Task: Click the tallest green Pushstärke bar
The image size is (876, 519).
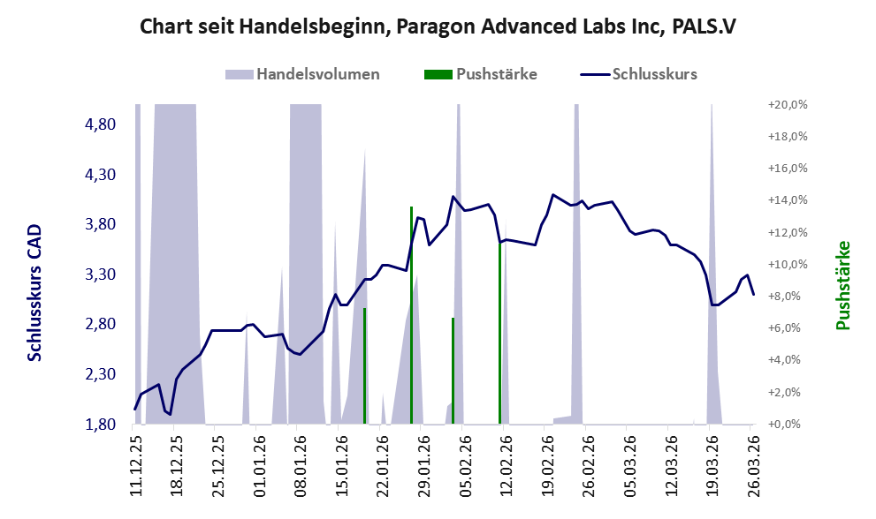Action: click(x=411, y=315)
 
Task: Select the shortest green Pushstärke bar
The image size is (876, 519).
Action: click(x=453, y=371)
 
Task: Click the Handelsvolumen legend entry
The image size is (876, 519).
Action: click(x=302, y=74)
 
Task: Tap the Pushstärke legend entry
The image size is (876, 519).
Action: click(x=481, y=74)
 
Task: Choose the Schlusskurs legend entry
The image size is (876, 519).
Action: click(x=638, y=74)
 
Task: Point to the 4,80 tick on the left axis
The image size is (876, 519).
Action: click(x=100, y=124)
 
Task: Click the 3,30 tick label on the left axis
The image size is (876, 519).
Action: click(x=100, y=275)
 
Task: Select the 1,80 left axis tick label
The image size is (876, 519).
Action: click(x=100, y=425)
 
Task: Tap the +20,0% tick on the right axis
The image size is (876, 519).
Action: click(x=788, y=105)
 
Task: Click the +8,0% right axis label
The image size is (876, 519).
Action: click(x=790, y=297)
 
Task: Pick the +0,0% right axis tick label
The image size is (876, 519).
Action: click(x=790, y=425)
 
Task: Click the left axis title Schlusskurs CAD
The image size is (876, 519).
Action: click(x=34, y=293)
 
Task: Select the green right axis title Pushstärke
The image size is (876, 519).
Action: click(x=842, y=285)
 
